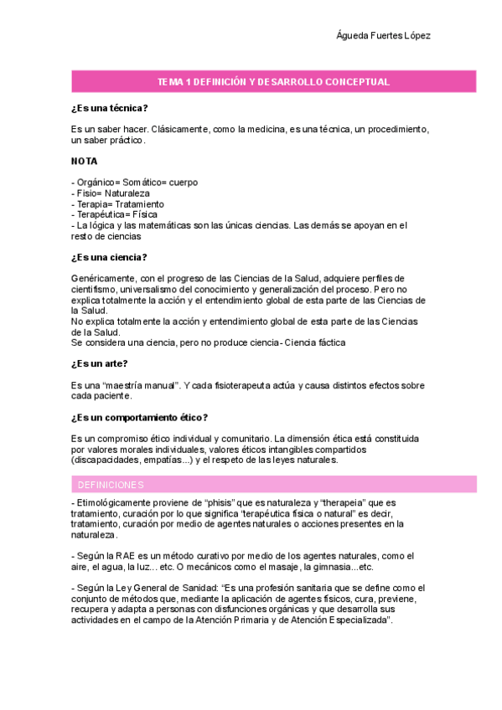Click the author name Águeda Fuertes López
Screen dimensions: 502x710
(383, 36)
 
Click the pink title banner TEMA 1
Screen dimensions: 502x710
(274, 81)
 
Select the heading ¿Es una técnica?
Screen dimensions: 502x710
(110, 108)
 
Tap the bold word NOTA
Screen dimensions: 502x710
(84, 161)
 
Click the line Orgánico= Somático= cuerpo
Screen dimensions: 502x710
(136, 182)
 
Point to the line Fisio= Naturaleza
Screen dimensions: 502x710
(111, 193)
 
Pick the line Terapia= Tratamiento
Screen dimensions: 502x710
(118, 203)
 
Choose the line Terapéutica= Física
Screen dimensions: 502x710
(116, 214)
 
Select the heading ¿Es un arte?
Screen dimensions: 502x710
(100, 363)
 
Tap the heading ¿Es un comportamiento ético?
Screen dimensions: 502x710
(140, 417)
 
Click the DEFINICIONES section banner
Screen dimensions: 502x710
(111, 485)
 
